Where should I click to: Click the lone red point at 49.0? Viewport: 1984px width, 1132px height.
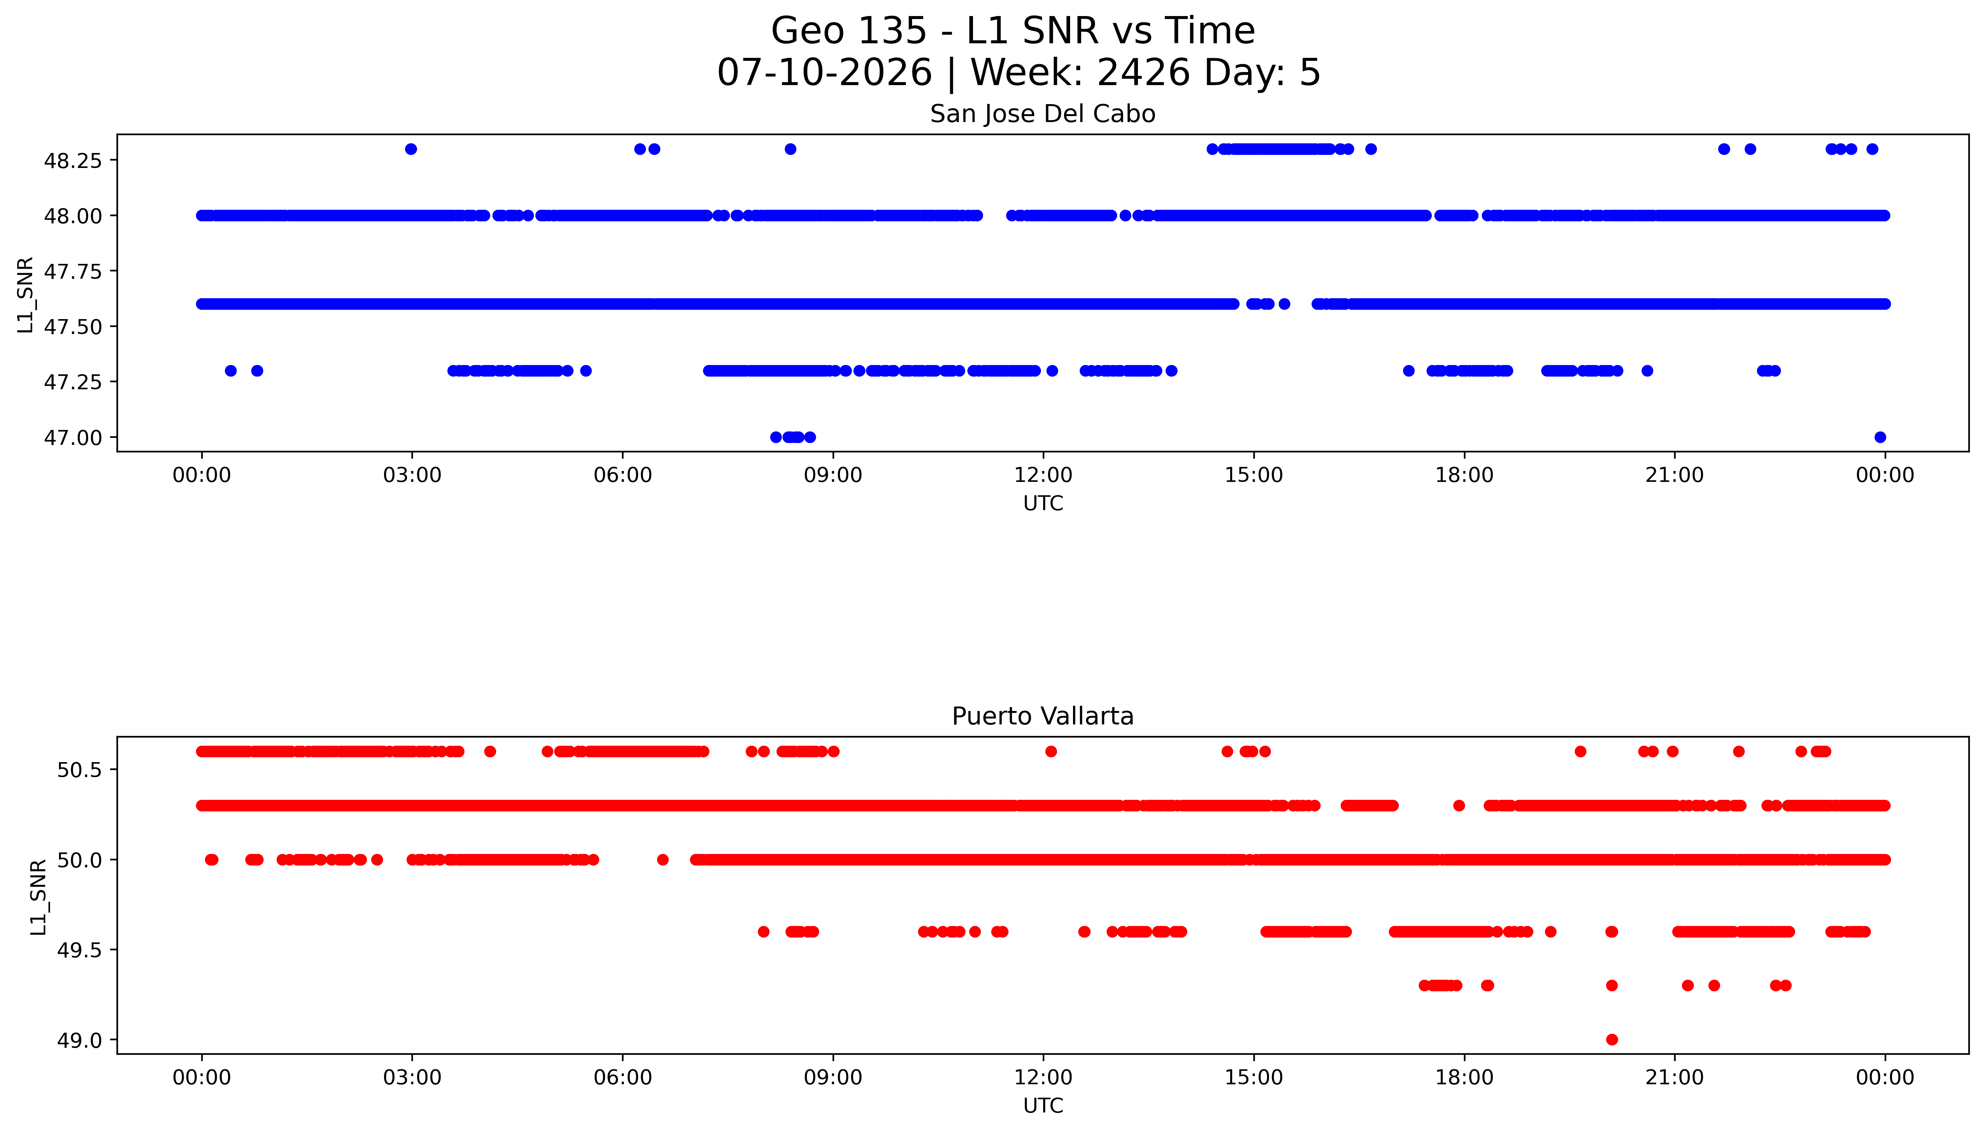(1611, 1039)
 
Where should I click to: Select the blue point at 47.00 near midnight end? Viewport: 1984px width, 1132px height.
(1880, 437)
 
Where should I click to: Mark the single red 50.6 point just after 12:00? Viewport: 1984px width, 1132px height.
(1051, 751)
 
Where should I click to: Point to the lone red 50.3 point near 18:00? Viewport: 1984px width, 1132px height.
(1459, 805)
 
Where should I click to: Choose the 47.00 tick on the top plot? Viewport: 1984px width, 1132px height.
(73, 438)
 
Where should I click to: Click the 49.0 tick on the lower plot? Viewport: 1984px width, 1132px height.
(79, 1040)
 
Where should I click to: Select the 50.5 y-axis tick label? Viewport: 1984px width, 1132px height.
(79, 770)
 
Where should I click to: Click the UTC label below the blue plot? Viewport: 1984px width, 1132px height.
(1043, 503)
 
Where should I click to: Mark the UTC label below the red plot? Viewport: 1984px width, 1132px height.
(1043, 1105)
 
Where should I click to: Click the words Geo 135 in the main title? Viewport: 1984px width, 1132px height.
(849, 31)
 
